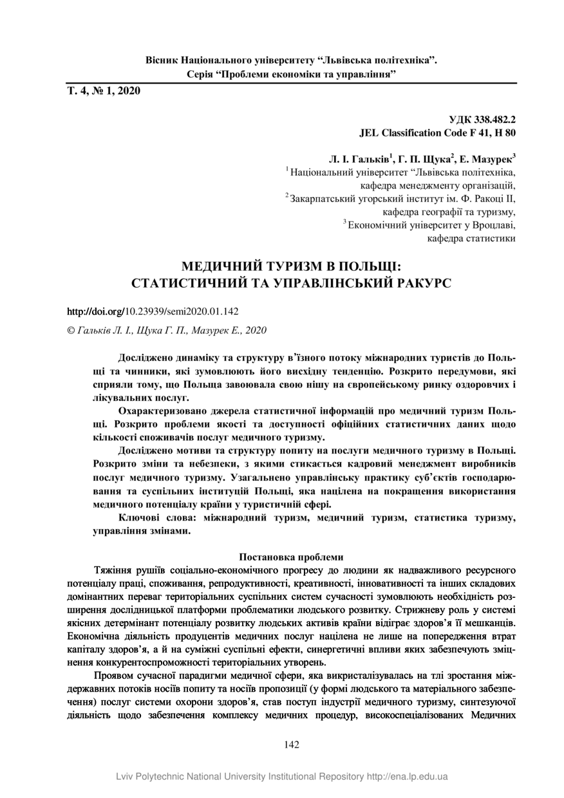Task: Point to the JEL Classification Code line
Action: [x=437, y=133]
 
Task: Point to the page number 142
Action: [x=292, y=745]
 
